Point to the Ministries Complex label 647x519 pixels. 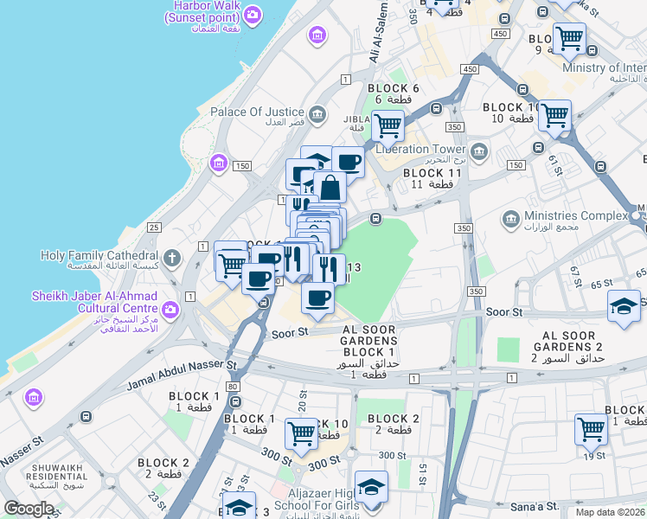576,215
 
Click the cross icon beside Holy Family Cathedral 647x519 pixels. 172,257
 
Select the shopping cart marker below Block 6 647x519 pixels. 388,125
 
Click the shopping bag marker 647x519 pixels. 330,187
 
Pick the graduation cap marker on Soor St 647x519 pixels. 624,307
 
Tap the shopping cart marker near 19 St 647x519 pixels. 592,428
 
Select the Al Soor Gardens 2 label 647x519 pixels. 569,346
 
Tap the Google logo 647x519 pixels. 29,508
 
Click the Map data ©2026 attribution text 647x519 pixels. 611,512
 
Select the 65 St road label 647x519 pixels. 604,283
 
